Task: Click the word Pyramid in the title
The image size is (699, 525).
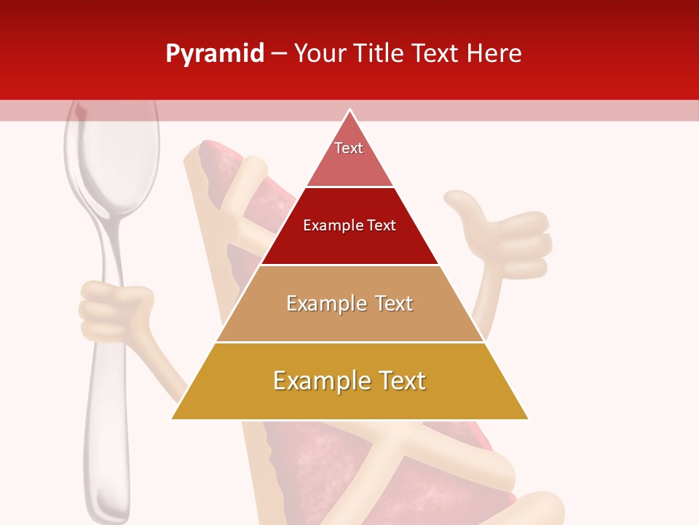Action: pos(215,54)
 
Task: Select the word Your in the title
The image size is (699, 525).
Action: pos(320,54)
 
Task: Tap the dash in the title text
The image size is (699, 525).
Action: pos(279,54)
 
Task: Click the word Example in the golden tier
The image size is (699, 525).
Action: pos(319,381)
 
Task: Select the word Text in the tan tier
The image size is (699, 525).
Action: pos(394,303)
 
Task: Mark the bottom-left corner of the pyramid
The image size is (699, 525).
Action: pos(172,419)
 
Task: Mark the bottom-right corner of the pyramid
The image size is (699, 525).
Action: pos(528,419)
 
